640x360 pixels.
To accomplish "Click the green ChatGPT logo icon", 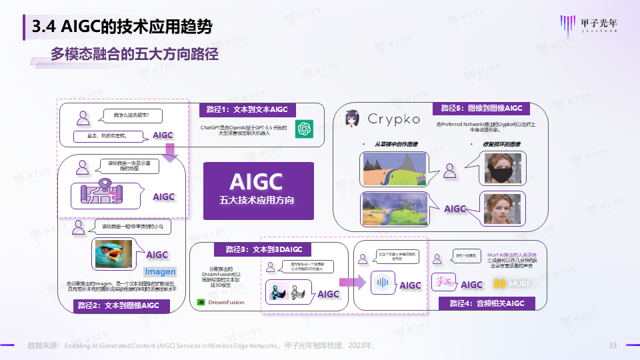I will pyautogui.click(x=305, y=128).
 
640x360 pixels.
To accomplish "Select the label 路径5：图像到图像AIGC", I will pyautogui.click(x=481, y=108).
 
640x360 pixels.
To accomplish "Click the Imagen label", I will pyautogui.click(x=160, y=271).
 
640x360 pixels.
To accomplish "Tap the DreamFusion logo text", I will pyautogui.click(x=221, y=302).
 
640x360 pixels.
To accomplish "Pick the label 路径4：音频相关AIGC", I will pyautogui.click(x=487, y=303).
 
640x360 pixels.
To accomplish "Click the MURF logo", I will pyautogui.click(x=514, y=284).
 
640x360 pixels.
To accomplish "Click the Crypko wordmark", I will pyautogui.click(x=395, y=119).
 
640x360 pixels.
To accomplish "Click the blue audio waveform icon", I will pyautogui.click(x=382, y=282).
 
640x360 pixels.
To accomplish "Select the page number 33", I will pyautogui.click(x=613, y=345).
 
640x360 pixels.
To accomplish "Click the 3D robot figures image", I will pyautogui.click(x=287, y=292).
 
